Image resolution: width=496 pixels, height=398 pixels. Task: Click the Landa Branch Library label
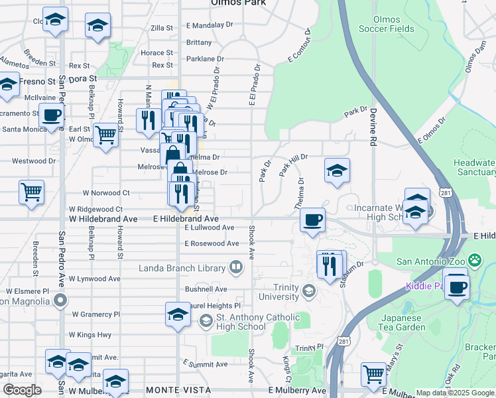click(x=182, y=268)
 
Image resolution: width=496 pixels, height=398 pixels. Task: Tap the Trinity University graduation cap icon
click(x=308, y=291)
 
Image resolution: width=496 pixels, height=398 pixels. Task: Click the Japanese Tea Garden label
click(x=403, y=322)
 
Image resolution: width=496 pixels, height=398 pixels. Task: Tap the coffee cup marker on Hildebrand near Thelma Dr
click(x=312, y=219)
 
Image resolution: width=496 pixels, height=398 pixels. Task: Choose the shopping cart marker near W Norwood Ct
click(x=31, y=192)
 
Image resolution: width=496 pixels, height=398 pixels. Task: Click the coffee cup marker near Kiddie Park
click(x=456, y=287)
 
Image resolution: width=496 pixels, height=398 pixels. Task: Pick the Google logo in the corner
click(x=21, y=391)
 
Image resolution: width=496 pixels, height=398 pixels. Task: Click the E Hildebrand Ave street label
click(x=186, y=218)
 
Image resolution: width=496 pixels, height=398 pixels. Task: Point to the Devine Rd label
click(x=373, y=127)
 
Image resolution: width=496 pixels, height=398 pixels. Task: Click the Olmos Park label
click(x=238, y=3)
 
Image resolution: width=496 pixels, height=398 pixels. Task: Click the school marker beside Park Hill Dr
click(x=337, y=170)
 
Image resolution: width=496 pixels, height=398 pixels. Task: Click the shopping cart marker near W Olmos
click(x=105, y=135)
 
